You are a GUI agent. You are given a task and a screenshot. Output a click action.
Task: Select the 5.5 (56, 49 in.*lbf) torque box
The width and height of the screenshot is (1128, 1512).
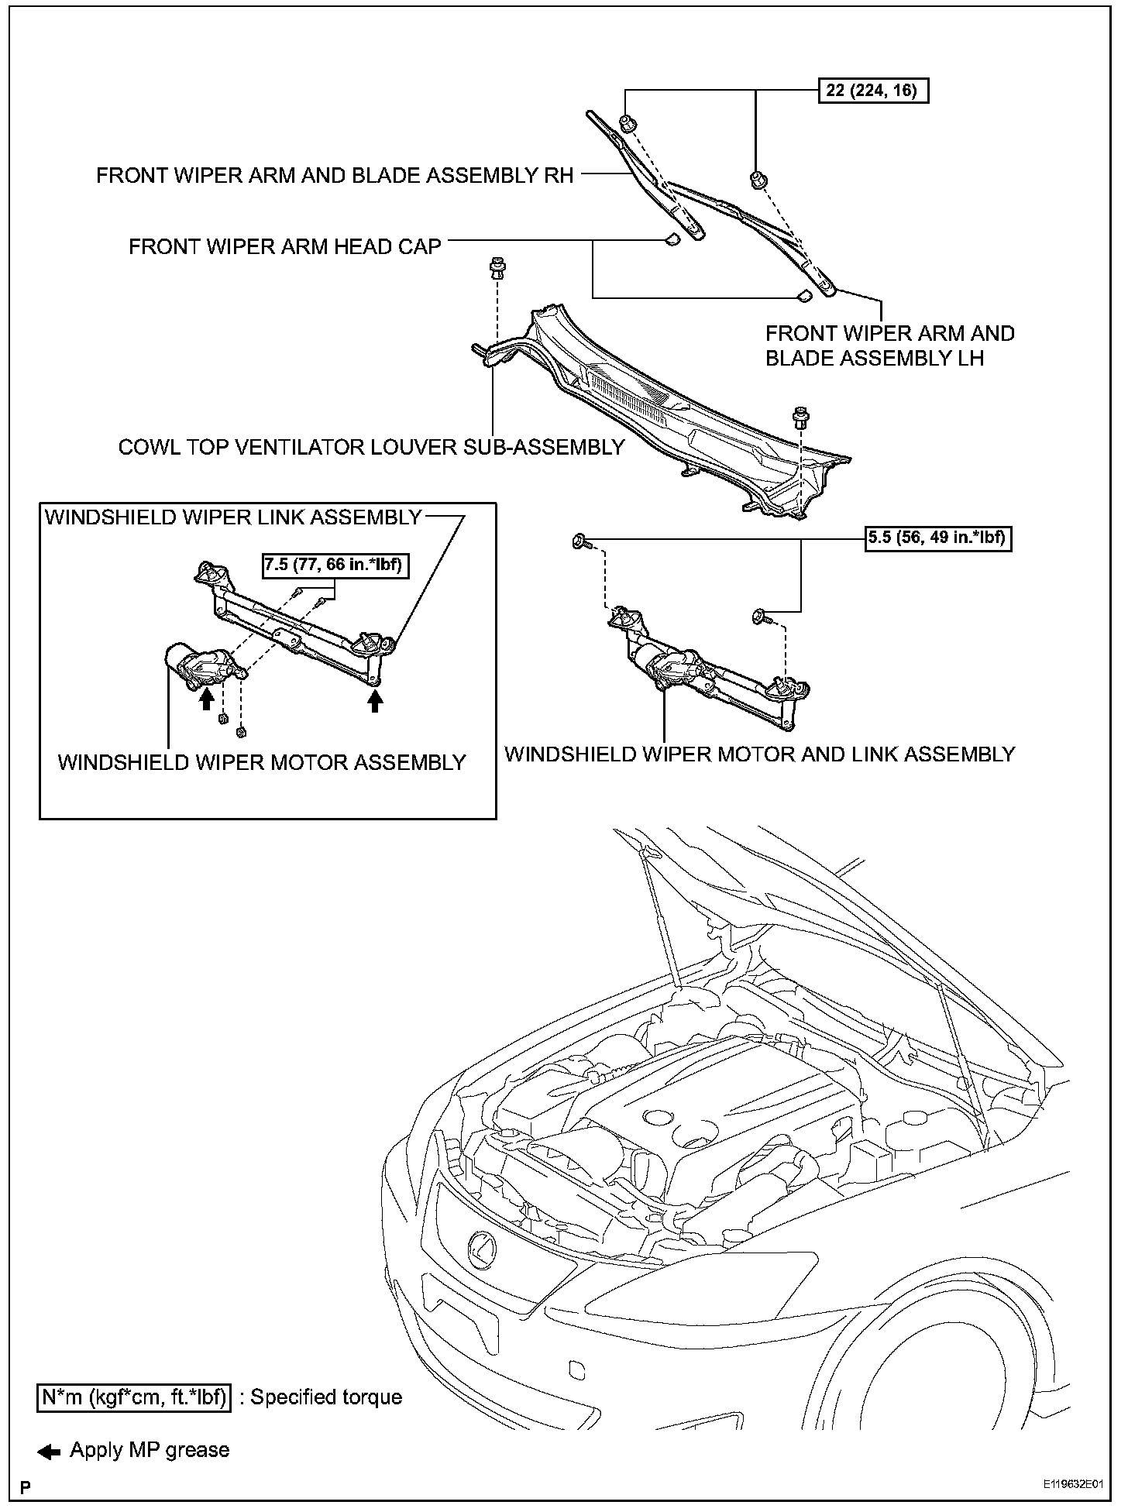938,538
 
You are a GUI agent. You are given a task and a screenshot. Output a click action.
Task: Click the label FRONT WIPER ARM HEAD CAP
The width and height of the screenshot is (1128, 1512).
284,247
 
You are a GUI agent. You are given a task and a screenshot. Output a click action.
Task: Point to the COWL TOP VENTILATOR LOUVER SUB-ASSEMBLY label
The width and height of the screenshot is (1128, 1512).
371,447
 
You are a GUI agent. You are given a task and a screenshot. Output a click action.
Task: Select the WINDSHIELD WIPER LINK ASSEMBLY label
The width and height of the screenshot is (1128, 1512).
233,517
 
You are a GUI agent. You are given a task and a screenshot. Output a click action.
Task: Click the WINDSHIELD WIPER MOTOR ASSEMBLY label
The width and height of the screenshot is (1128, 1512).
262,762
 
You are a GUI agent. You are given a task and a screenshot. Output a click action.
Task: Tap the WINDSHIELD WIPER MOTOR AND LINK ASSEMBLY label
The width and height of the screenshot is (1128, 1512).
759,754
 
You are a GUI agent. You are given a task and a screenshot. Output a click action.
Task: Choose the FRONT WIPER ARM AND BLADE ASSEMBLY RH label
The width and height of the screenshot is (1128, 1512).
335,176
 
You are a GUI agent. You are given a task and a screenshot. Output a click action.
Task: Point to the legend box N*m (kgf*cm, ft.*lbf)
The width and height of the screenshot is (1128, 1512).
134,1397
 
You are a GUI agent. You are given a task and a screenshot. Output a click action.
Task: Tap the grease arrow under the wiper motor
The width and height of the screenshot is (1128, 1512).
206,699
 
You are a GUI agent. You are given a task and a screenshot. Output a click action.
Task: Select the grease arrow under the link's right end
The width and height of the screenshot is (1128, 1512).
376,701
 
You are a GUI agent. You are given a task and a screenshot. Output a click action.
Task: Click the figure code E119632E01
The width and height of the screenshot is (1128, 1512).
1071,1485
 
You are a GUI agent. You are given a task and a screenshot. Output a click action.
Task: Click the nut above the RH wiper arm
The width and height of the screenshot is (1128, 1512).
626,122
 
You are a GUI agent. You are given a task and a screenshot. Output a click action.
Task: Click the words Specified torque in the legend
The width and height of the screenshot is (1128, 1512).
326,1397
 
